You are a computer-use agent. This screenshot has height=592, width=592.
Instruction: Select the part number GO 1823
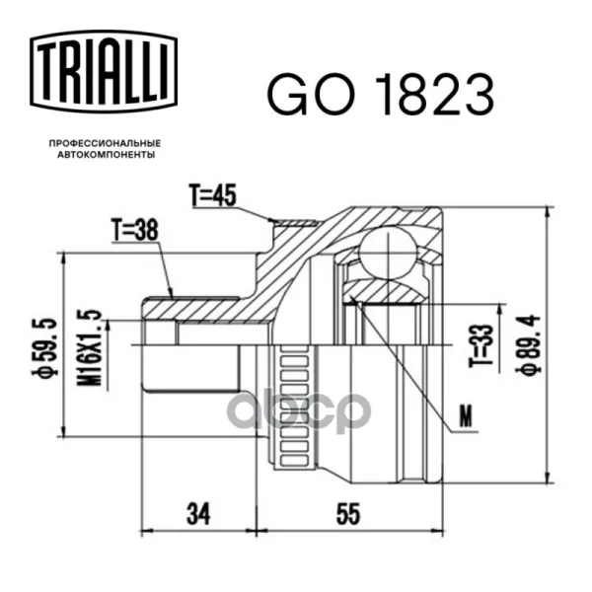click(x=381, y=95)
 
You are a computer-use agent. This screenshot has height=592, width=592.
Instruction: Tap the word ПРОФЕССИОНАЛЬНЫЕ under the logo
click(x=105, y=143)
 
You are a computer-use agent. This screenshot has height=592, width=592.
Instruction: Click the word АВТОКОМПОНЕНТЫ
click(x=107, y=155)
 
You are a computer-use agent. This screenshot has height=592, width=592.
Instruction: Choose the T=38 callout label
click(x=134, y=230)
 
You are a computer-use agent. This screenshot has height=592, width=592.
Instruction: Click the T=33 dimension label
click(x=481, y=345)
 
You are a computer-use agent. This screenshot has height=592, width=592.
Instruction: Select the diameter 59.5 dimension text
click(x=45, y=347)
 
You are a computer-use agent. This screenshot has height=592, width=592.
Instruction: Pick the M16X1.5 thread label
click(x=90, y=348)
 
